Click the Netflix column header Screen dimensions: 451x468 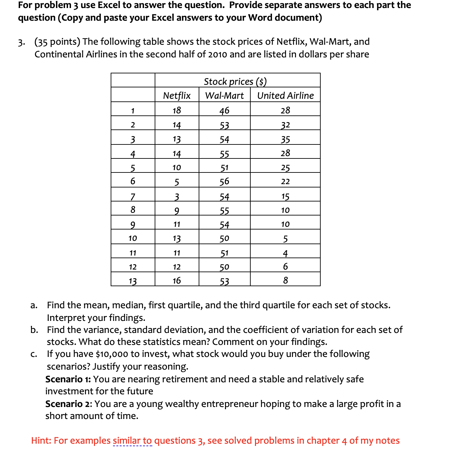click(177, 96)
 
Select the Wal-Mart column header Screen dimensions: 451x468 click(224, 96)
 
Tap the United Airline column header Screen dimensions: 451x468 click(285, 96)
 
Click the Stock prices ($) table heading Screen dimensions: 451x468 click(235, 81)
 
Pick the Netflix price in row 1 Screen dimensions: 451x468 click(177, 110)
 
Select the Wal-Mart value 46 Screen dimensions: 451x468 click(224, 110)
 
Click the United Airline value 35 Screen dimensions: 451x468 click(285, 139)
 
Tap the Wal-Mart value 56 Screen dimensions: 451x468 click(224, 181)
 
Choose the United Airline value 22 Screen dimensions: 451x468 click(285, 181)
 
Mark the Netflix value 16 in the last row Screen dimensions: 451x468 click(177, 281)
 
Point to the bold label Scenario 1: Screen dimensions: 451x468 click(68, 379)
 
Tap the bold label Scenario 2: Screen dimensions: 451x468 click(69, 404)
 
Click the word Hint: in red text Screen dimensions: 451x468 click(41, 441)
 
